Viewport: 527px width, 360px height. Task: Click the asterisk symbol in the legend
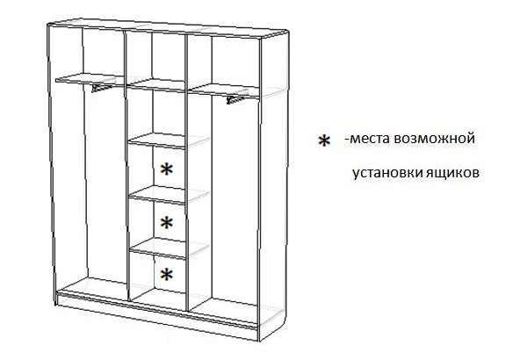pyautogui.click(x=324, y=140)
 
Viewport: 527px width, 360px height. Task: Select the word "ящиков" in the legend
pyautogui.click(x=452, y=173)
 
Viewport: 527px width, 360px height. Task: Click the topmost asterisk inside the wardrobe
pyautogui.click(x=167, y=169)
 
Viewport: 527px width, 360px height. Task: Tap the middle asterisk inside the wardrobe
pyautogui.click(x=167, y=222)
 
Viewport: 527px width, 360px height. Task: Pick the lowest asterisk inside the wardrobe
pyautogui.click(x=167, y=275)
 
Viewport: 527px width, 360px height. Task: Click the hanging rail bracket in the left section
pyautogui.click(x=101, y=88)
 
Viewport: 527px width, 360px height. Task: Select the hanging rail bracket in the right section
pyautogui.click(x=235, y=99)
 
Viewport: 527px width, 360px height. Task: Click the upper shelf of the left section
pyautogui.click(x=90, y=80)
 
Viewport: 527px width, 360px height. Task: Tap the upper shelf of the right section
pyautogui.click(x=223, y=90)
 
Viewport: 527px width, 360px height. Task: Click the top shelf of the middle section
pyautogui.click(x=156, y=85)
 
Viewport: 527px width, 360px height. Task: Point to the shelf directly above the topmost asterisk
pyautogui.click(x=157, y=140)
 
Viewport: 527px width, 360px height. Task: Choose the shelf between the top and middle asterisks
pyautogui.click(x=157, y=195)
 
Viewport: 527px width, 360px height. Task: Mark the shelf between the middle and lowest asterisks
pyautogui.click(x=157, y=248)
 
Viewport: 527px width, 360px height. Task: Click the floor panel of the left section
pyautogui.click(x=93, y=287)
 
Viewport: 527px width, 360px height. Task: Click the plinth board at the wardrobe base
pyautogui.click(x=157, y=317)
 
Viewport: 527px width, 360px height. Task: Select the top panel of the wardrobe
pyautogui.click(x=168, y=28)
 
